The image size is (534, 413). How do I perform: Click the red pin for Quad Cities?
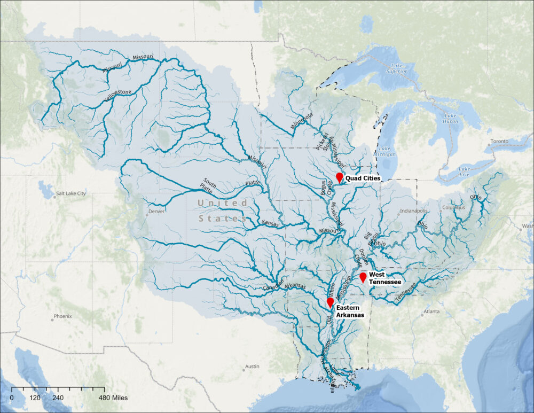339,177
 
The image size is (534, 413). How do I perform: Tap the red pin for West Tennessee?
363,277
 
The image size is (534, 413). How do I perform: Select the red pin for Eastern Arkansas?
330,302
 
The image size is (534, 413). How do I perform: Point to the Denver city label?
156,211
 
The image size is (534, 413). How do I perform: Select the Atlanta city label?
431,311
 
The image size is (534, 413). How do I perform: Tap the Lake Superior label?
396,68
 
